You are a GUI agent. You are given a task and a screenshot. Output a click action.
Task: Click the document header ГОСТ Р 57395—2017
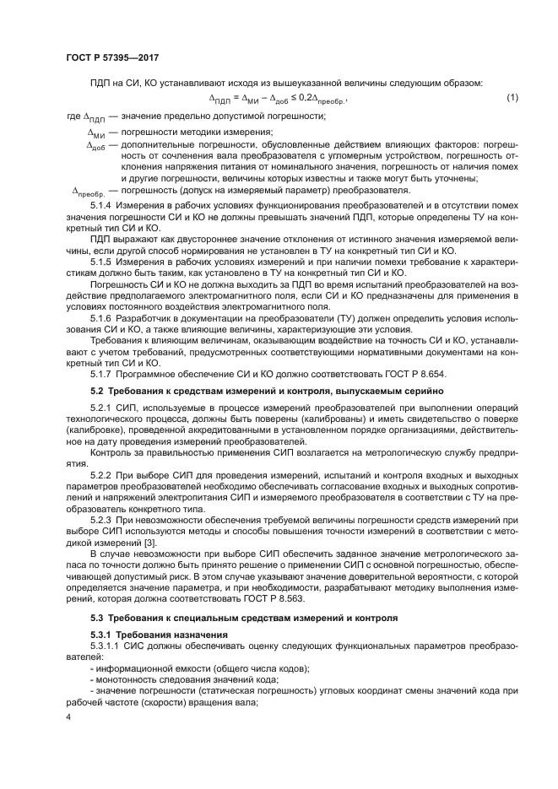112,57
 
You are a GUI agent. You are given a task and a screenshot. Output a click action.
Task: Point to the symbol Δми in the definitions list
96,133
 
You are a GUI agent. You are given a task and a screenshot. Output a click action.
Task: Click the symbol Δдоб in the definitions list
97,145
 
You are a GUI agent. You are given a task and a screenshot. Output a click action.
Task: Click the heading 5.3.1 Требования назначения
147,634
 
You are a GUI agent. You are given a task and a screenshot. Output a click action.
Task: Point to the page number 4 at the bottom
70,717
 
